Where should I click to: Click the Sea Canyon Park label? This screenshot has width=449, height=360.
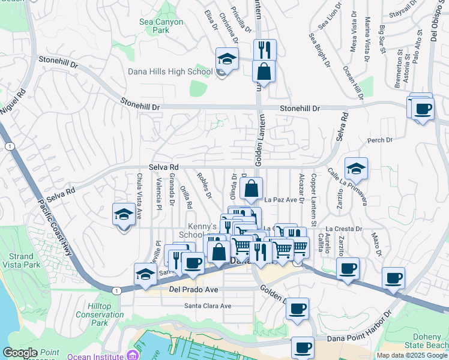pos(161,26)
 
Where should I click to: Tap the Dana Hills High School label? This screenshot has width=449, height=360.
pos(170,71)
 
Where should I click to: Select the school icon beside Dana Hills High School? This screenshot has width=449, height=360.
pos(228,59)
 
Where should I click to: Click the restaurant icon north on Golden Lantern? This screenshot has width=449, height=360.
pos(264,50)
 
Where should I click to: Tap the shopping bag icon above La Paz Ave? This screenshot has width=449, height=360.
pos(252,188)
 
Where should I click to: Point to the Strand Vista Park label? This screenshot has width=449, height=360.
pos(21,260)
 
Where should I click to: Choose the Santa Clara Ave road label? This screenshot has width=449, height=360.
pos(208,306)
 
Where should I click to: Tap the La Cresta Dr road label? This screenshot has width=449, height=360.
pos(344,229)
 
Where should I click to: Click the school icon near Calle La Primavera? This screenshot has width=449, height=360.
pos(356,169)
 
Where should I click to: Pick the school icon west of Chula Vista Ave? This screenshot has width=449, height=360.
pos(124,214)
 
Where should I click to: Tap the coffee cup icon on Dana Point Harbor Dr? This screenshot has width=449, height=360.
pos(303,347)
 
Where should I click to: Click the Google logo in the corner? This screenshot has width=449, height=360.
pos(20,353)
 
